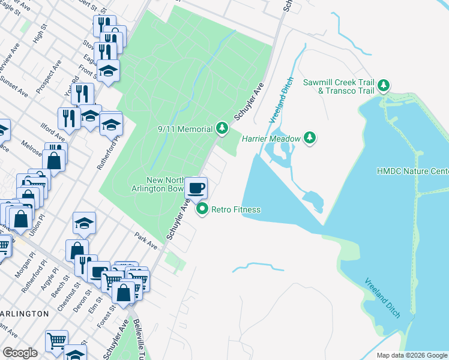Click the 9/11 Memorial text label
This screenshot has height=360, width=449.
coord(185,129)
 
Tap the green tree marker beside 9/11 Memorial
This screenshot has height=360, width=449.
coord(222,128)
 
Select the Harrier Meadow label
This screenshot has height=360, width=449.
coord(271,139)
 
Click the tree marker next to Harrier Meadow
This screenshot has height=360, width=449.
coord(310,139)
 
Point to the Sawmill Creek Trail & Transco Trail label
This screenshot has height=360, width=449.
coord(339,86)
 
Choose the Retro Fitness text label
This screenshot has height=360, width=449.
coord(235,209)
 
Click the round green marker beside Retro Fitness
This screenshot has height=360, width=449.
coord(202,209)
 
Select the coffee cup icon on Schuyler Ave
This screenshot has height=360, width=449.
coord(196,188)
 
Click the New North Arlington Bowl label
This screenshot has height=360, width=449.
coord(165,185)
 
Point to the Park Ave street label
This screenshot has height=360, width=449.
coord(146,240)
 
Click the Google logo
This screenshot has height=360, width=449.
coord(20,353)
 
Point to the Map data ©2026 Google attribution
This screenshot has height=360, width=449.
coord(412,355)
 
